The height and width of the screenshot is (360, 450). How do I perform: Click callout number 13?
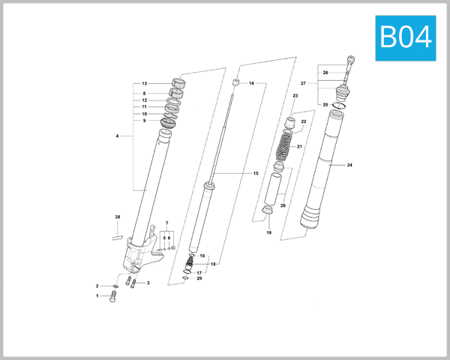[145, 83]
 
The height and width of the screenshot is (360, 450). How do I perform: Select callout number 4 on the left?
[118, 136]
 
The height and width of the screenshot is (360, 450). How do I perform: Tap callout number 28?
[117, 217]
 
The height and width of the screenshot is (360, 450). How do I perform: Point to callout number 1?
[97, 296]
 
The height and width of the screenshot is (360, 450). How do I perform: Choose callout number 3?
[148, 283]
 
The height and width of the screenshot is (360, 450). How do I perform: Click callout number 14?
[251, 83]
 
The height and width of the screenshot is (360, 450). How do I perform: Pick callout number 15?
[256, 173]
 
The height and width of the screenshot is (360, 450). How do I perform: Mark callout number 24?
[349, 164]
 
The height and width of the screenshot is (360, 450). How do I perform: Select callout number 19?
[268, 233]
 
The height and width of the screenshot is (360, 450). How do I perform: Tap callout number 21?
[299, 146]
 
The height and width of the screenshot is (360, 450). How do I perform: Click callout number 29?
[199, 278]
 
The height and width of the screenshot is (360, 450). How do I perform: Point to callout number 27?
[303, 82]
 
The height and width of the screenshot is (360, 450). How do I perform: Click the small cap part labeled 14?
[235, 82]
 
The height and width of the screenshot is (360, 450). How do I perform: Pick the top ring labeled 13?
[178, 82]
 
